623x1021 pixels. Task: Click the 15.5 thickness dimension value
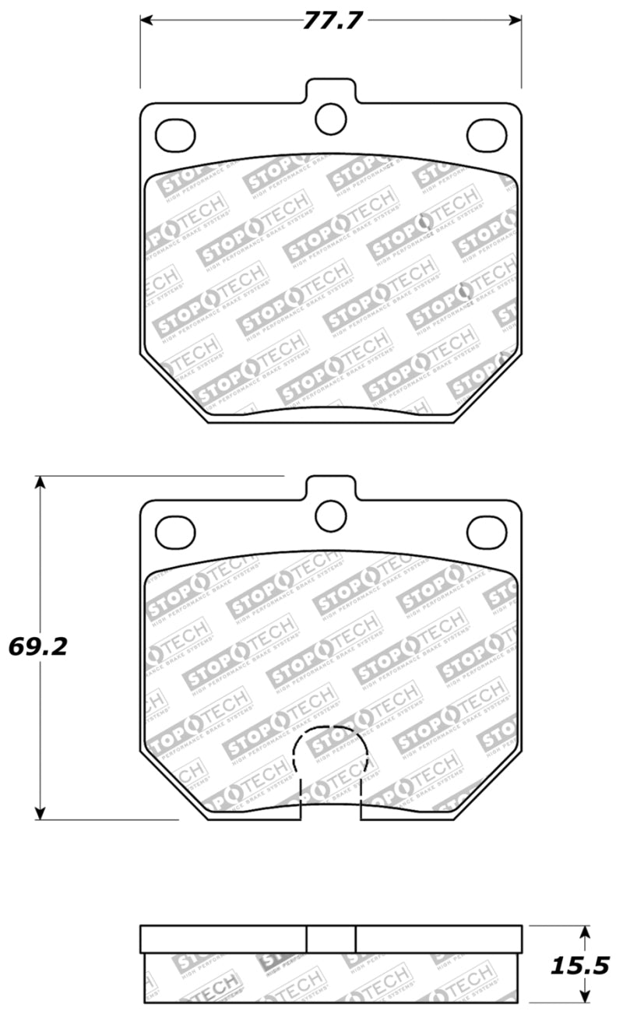pyautogui.click(x=579, y=965)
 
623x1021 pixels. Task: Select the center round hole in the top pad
pyautogui.click(x=330, y=118)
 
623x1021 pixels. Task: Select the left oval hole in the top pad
pyautogui.click(x=174, y=136)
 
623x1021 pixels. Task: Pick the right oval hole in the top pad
pyautogui.click(x=486, y=136)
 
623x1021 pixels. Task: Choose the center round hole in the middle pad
pyautogui.click(x=330, y=515)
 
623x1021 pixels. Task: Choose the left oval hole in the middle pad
pyautogui.click(x=174, y=533)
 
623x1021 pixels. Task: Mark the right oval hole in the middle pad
pyautogui.click(x=486, y=533)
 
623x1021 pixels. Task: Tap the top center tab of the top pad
pyautogui.click(x=331, y=89)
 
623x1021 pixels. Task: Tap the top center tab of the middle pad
pyautogui.click(x=331, y=487)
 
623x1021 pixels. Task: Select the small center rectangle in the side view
pyautogui.click(x=331, y=938)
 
